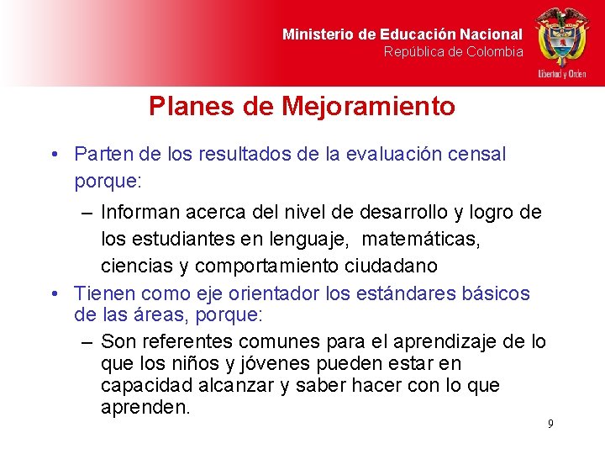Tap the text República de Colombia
click(454, 52)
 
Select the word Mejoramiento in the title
click(369, 107)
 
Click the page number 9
click(550, 424)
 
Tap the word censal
click(476, 155)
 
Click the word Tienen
click(105, 293)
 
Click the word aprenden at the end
click(145, 408)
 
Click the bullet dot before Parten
click(54, 155)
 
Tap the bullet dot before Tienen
click(54, 293)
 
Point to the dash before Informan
click(87, 212)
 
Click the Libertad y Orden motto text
click(562, 74)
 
